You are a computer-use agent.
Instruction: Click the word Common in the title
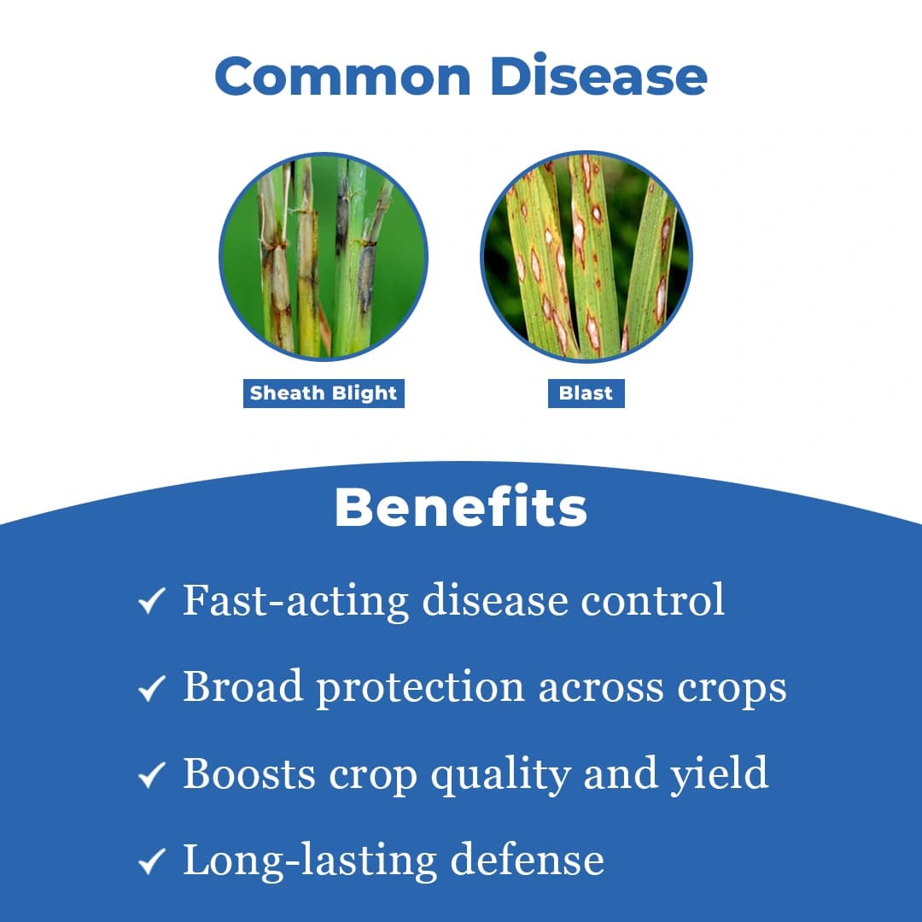(343, 77)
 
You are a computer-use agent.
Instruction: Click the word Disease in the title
(598, 77)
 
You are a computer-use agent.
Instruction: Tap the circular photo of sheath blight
(324, 257)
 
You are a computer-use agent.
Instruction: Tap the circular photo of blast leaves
(586, 257)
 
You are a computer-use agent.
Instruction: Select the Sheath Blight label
(324, 394)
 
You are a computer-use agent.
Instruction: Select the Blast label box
(586, 394)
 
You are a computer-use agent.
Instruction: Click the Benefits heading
(461, 508)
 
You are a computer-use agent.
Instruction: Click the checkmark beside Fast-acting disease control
(151, 604)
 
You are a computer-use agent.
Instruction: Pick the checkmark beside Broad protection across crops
(151, 691)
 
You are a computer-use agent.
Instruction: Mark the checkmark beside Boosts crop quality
(151, 777)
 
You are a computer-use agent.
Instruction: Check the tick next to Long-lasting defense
(151, 863)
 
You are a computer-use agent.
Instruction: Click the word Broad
(243, 687)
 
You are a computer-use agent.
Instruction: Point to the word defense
(527, 860)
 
